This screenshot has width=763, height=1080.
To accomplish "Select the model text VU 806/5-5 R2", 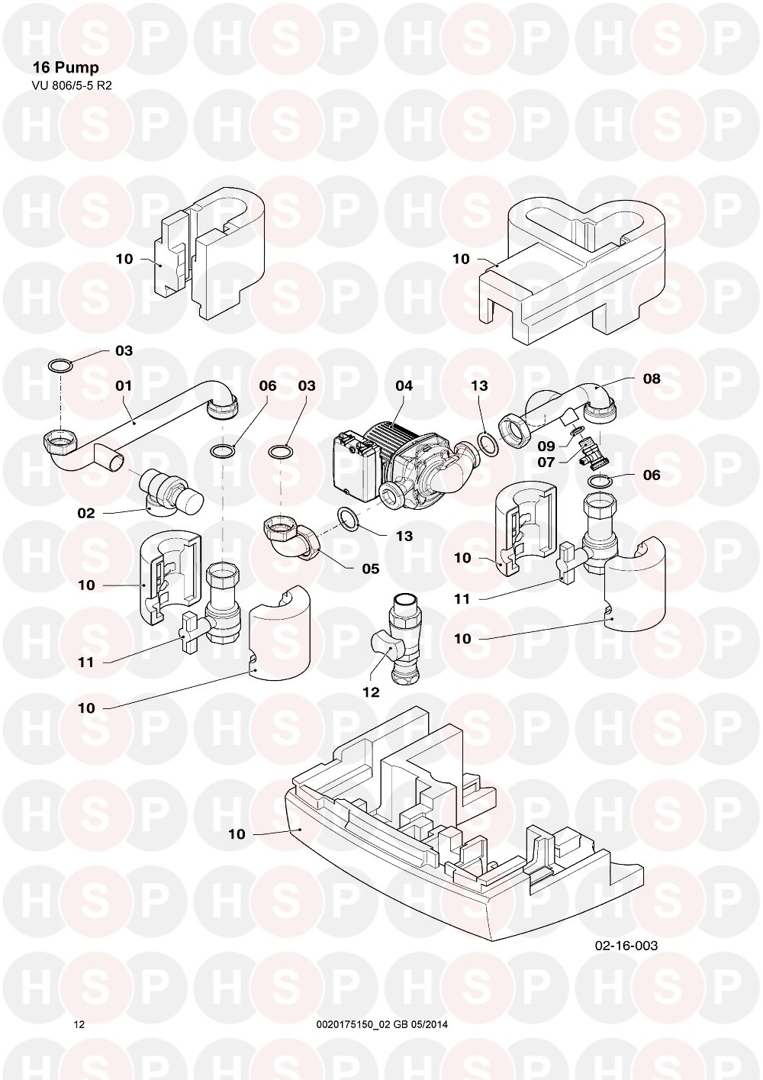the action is coord(72,85).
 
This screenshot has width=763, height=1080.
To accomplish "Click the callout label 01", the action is coord(124,385).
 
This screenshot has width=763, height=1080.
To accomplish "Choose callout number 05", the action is coord(371,569).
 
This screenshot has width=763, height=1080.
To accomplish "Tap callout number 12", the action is coord(371,692).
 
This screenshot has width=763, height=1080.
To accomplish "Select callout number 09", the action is coord(546,446).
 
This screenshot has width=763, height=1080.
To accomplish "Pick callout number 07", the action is coord(546,463).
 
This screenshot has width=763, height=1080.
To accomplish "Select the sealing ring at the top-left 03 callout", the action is coord(61,366).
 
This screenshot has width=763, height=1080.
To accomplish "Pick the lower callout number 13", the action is coord(404,536).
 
